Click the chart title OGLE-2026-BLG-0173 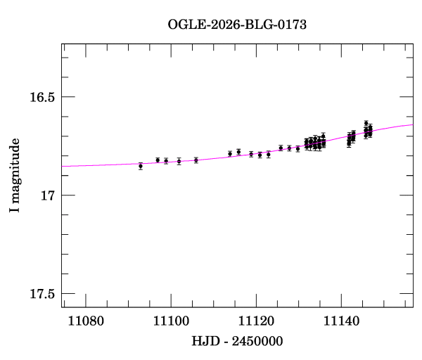[237, 24]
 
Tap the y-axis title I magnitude [15, 175]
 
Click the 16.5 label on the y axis [41, 96]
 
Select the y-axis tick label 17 [47, 195]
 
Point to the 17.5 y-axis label [41, 294]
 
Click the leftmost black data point [141, 166]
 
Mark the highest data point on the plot [366, 124]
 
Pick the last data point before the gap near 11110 [196, 160]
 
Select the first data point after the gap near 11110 [230, 153]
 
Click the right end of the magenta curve [412, 124]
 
